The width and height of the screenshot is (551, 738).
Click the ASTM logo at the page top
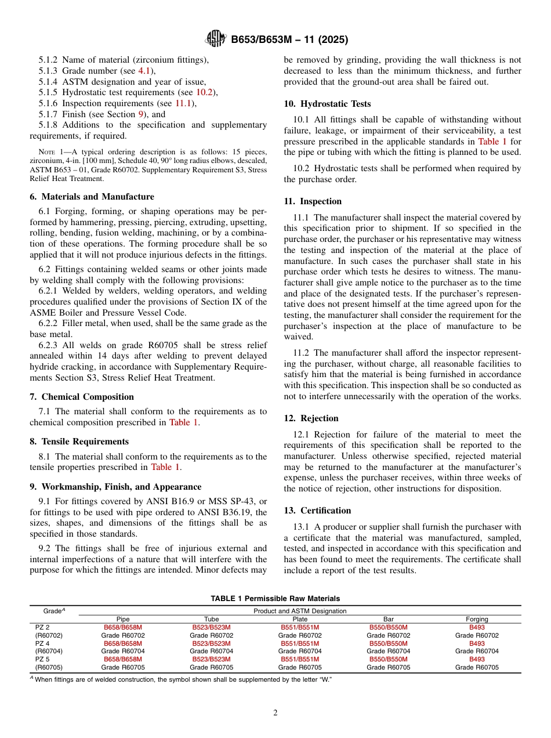coord(216,39)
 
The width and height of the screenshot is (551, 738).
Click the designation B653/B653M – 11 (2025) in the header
coord(289,40)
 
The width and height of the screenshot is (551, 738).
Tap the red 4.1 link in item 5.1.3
coord(144,70)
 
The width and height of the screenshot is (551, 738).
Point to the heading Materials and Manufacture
coord(92,197)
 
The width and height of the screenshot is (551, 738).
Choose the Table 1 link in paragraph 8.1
coord(165,467)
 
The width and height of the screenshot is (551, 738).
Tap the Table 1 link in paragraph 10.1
coord(492,141)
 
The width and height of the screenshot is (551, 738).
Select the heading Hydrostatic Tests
coord(327,104)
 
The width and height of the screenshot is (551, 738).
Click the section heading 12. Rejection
coord(311,418)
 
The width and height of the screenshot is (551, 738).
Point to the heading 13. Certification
coord(317,511)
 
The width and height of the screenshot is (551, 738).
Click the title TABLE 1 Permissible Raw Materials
coord(275,599)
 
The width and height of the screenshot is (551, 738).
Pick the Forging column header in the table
coord(477,620)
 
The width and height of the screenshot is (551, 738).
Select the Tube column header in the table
coord(211,620)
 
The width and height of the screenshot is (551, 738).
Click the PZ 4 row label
coord(42,643)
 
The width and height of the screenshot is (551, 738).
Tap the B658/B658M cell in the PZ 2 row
coord(122,627)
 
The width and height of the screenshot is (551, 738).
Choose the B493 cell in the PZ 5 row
coord(477,660)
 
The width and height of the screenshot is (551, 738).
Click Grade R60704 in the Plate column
coord(300,652)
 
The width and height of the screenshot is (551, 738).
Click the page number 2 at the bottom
coord(275,713)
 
